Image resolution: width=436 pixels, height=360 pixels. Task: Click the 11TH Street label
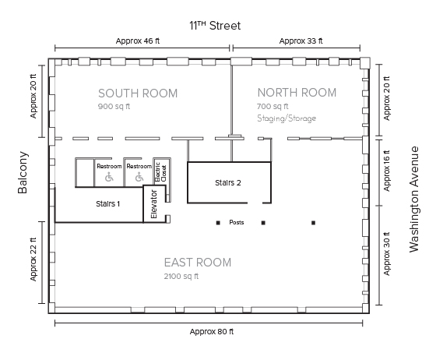pyautogui.click(x=215, y=26)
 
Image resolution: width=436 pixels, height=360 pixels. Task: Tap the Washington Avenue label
pyautogui.click(x=414, y=199)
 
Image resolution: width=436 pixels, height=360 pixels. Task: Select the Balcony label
pyautogui.click(x=23, y=172)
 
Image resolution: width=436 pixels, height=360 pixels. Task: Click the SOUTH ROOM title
pyautogui.click(x=138, y=94)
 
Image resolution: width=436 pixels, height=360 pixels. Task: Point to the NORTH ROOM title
pyautogui.click(x=297, y=93)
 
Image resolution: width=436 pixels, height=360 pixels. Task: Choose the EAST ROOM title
pyautogui.click(x=198, y=263)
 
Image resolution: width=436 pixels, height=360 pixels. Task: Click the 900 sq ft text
pyautogui.click(x=114, y=106)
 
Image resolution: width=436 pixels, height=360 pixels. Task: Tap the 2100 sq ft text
pyautogui.click(x=181, y=277)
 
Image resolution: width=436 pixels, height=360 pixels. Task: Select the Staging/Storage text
pyautogui.click(x=287, y=118)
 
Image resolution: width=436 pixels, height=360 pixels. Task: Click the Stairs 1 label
pyautogui.click(x=108, y=204)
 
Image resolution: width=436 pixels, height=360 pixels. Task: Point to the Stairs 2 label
pyautogui.click(x=227, y=183)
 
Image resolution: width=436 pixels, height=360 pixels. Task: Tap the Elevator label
pyautogui.click(x=154, y=204)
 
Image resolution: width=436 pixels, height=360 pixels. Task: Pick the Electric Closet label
pyautogui.click(x=160, y=172)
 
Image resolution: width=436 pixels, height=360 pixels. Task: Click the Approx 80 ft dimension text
pyautogui.click(x=212, y=332)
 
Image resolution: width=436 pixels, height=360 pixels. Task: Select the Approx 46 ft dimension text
pyautogui.click(x=138, y=41)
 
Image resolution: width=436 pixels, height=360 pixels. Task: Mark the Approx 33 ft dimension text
pyautogui.click(x=301, y=41)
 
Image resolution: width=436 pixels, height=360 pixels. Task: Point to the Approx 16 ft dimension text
pyautogui.click(x=387, y=171)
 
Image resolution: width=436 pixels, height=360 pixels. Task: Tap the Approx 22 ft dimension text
pyautogui.click(x=33, y=259)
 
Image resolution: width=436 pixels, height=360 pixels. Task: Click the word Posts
pyautogui.click(x=237, y=222)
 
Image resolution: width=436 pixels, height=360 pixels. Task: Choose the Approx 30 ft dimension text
pyautogui.click(x=387, y=254)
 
